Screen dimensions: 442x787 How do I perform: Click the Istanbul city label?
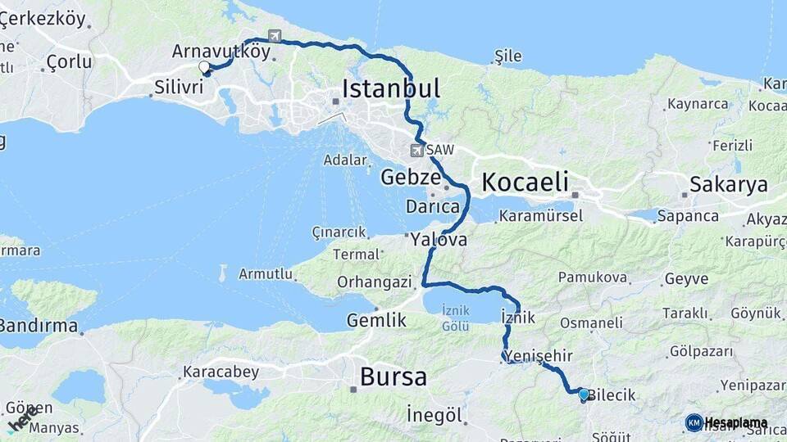pos(391,88)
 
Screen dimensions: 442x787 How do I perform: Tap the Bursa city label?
pos(393,377)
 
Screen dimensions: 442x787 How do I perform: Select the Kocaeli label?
pos(525,182)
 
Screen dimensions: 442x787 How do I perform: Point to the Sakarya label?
pos(728,184)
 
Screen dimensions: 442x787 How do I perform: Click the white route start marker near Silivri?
pos(204,66)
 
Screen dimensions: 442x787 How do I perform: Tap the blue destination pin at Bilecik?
pos(583,395)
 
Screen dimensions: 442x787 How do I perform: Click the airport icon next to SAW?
pos(416,151)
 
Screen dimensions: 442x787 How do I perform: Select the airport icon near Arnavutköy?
pos(274,36)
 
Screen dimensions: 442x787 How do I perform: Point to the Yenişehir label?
pos(539,355)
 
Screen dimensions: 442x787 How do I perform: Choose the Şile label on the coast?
pos(508,56)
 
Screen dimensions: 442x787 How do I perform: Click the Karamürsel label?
pos(540,216)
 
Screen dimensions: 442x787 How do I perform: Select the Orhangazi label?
pos(374,282)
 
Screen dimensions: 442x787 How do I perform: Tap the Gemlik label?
pos(376,320)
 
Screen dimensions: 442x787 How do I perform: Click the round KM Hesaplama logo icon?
pos(694,422)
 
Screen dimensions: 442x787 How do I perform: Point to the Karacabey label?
pos(221,372)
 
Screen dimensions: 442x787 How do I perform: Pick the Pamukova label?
pos(594,277)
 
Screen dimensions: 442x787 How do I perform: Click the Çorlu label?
pos(69,61)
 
